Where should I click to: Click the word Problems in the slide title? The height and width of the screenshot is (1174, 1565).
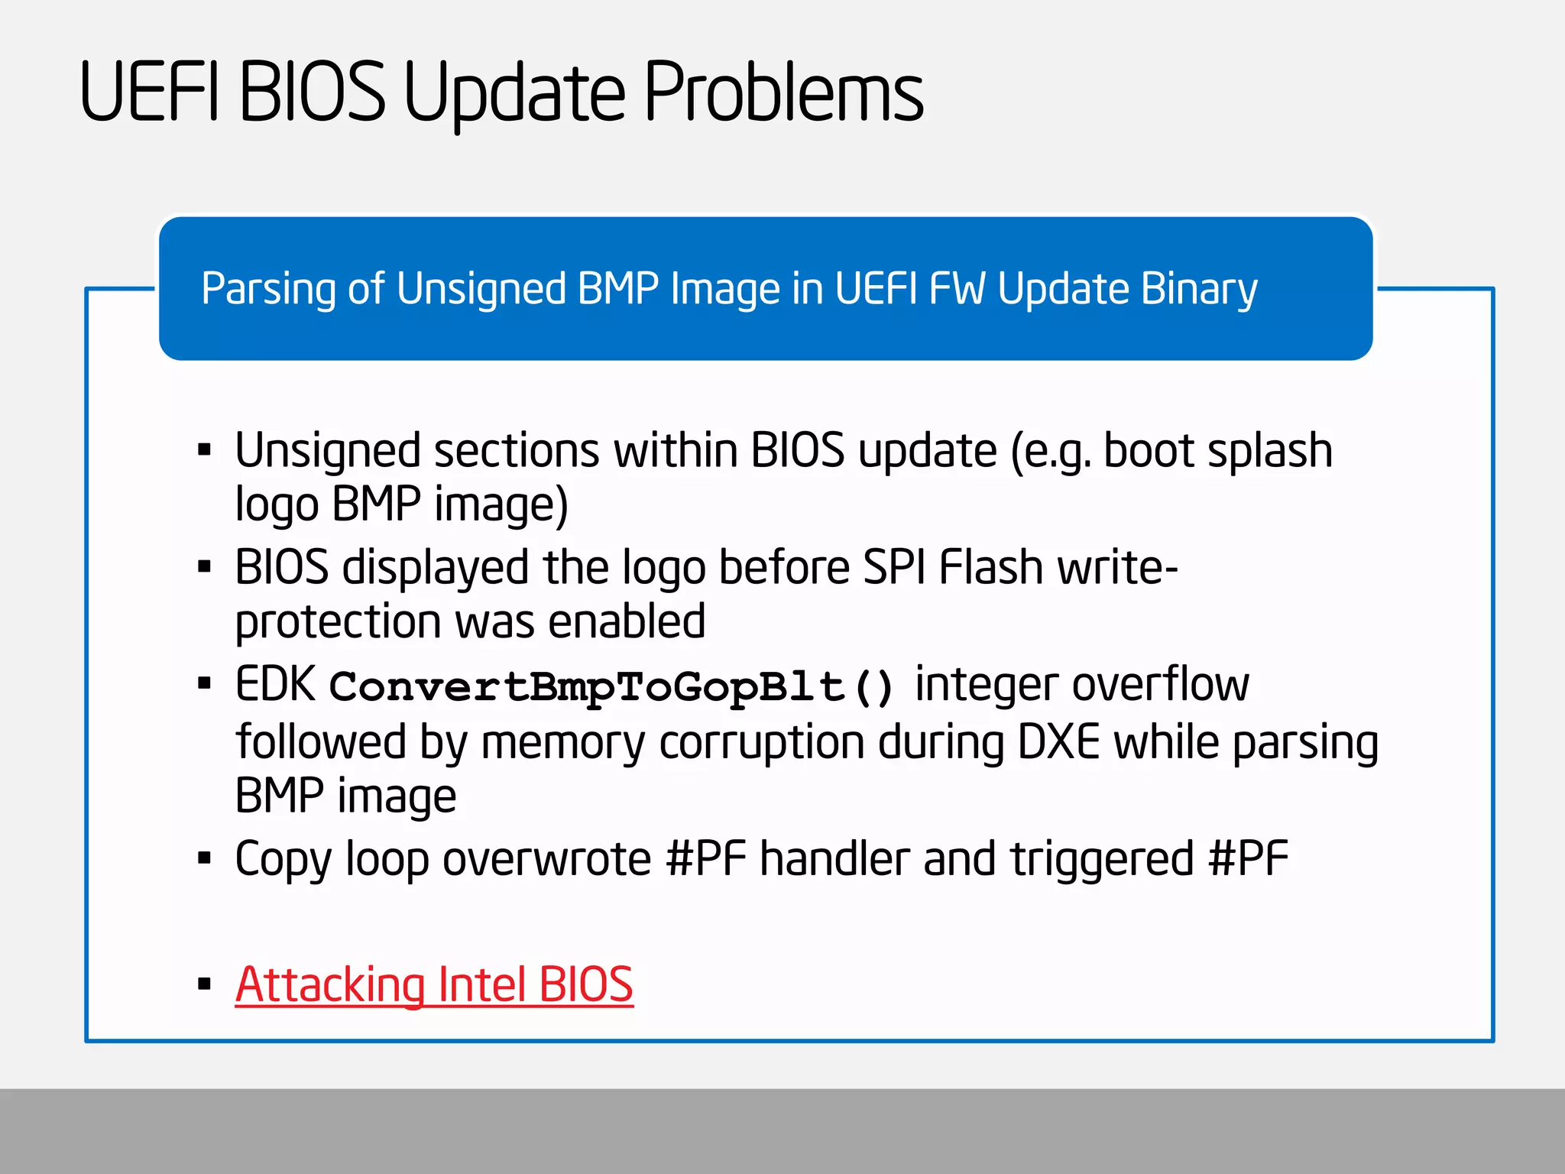click(x=784, y=93)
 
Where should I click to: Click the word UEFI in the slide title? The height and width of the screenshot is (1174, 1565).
click(x=150, y=93)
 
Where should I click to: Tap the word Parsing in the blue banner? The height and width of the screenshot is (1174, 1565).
click(x=267, y=290)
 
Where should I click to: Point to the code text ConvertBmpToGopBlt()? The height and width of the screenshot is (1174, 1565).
click(x=611, y=686)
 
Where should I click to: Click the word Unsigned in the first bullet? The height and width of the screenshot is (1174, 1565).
click(x=327, y=451)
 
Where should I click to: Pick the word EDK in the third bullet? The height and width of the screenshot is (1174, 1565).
click(x=275, y=684)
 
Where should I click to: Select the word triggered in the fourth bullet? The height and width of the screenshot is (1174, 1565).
click(x=1102, y=859)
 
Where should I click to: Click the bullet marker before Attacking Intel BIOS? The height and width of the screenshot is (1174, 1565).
click(x=204, y=984)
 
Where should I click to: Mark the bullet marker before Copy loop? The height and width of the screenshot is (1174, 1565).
click(x=204, y=858)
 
